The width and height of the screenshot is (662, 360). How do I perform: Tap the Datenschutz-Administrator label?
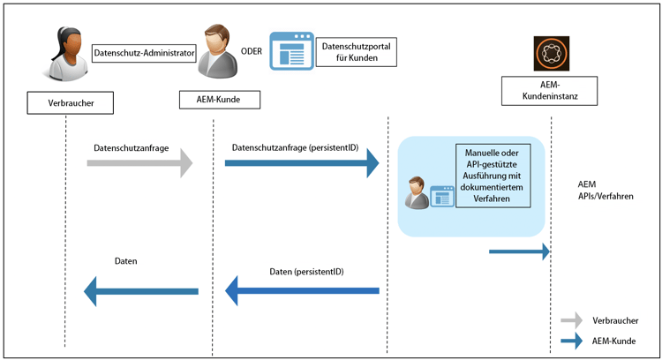coord(143,53)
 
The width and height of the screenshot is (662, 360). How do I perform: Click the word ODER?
coord(252,50)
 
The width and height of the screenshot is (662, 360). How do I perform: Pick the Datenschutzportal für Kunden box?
coord(357,51)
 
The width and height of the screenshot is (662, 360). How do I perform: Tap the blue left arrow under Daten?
coord(141,290)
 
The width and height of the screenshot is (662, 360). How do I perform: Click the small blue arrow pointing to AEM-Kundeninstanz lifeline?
coord(520,252)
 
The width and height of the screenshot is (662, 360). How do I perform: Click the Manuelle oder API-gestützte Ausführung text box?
coord(493,175)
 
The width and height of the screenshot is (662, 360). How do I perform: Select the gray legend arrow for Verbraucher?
coord(572,320)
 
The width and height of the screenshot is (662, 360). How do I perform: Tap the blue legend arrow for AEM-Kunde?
coord(572,341)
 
